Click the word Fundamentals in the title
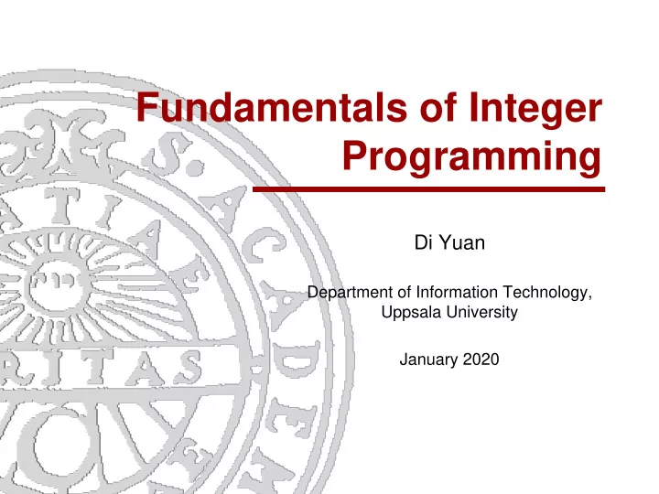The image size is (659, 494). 272,107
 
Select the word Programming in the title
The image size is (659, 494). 471,157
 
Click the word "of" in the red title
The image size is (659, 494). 438,107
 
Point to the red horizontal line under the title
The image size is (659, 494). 428,189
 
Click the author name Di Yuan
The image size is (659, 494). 449,242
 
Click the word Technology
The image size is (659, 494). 547,293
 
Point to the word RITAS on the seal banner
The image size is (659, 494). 101,368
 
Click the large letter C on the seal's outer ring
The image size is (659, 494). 264,245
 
